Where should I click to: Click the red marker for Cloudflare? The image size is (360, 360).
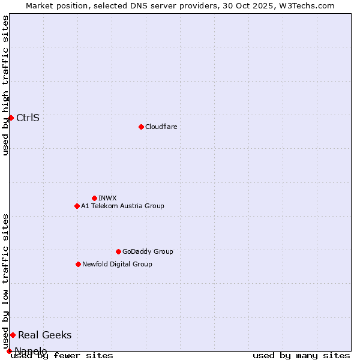pos(141,127)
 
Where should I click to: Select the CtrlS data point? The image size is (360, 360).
pos(11,118)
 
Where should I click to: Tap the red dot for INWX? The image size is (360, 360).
pos(94,198)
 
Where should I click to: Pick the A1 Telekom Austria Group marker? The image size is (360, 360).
pos(77,206)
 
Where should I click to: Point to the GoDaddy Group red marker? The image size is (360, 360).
pos(118,251)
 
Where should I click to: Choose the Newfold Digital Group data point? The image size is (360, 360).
pos(78,264)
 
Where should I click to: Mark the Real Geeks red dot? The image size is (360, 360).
pos(13,335)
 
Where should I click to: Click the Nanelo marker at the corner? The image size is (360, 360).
pos(9,351)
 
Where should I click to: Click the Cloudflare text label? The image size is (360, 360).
pos(161,127)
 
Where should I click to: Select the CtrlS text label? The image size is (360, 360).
pos(28,118)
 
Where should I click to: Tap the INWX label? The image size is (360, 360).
pos(107,198)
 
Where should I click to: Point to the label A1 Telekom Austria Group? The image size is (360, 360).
pos(122,206)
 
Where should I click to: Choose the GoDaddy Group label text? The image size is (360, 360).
pos(148,251)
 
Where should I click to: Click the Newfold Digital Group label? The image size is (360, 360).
pos(117,264)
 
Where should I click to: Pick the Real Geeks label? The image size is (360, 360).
pos(44,335)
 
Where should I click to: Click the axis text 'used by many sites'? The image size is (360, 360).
pos(301,355)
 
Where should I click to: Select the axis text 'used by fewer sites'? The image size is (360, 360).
pos(62,355)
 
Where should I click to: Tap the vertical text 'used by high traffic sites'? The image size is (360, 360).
pos(5,85)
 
